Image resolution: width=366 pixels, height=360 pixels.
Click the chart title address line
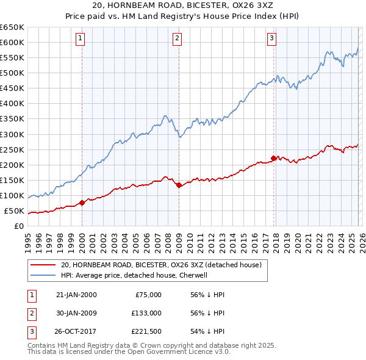point(183,5)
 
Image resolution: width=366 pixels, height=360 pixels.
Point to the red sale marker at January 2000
point(82,203)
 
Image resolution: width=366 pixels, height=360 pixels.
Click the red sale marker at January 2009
point(179,185)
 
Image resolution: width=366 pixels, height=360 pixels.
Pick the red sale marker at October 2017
point(273,158)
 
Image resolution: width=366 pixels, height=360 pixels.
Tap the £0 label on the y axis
point(20,226)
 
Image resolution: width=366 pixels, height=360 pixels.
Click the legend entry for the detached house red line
point(161,265)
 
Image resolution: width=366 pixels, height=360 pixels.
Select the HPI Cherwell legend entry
point(135,275)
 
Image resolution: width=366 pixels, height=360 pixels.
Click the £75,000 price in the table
point(147,295)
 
